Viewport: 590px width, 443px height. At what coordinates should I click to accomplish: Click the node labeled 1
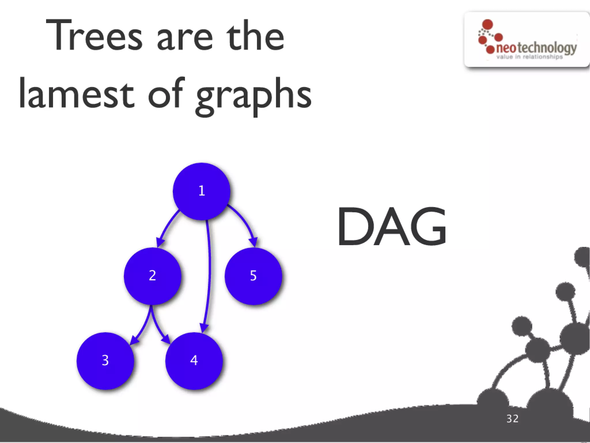pos(201,191)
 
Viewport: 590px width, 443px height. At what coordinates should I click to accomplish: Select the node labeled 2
pos(152,276)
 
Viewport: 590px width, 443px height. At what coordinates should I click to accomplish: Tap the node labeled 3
pos(105,361)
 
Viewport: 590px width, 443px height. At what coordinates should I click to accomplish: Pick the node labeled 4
pos(194,361)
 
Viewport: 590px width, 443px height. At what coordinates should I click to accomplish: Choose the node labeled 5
pos(253,276)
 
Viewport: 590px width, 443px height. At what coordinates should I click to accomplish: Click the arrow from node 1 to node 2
pos(167,228)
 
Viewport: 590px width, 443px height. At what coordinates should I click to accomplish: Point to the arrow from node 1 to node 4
pos(209,274)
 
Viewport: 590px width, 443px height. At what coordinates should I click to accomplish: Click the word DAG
pos(392,227)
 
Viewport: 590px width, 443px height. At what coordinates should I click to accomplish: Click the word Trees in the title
pos(94,36)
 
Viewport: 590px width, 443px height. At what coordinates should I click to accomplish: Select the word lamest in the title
pos(76,94)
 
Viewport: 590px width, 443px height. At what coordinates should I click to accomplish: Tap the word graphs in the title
pos(254,95)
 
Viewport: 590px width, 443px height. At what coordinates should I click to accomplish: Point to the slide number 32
pos(513,418)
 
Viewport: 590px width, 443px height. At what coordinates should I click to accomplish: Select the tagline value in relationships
pos(530,57)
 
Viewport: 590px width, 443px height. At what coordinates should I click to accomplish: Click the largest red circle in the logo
pos(487,24)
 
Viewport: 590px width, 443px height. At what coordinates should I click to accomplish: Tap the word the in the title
pos(255,36)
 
